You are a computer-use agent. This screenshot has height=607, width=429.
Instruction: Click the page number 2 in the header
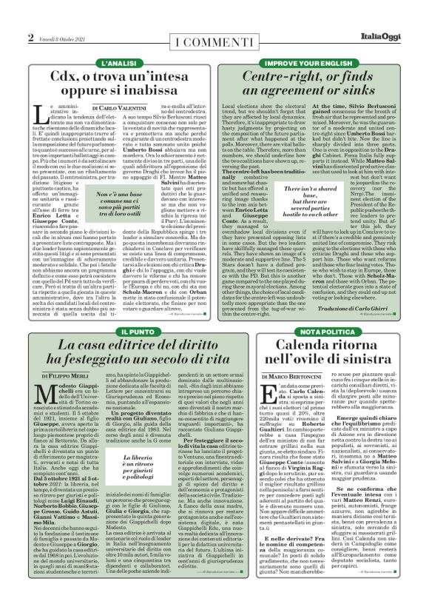(x=30, y=37)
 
